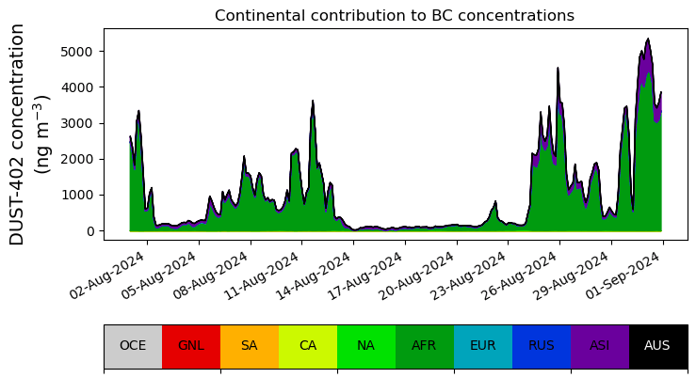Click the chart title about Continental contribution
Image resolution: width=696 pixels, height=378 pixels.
pos(394,16)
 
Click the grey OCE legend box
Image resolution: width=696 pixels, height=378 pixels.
pos(133,345)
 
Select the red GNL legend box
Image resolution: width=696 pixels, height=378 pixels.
pos(191,345)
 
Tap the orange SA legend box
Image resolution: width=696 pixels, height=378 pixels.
pos(250,345)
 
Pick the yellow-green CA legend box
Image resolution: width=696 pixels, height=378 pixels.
pos(308,345)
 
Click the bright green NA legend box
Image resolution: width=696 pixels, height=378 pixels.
pos(366,345)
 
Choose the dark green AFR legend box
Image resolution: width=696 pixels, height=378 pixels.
pos(425,345)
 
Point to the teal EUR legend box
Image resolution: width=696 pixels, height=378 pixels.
pos(483,345)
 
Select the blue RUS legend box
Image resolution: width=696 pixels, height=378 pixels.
pos(542,345)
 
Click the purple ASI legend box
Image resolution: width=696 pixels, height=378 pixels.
pos(600,345)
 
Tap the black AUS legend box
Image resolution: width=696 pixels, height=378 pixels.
pos(657,345)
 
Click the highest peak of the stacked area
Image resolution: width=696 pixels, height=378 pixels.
pos(648,39)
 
